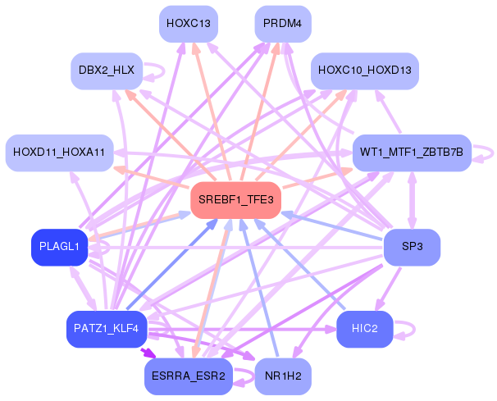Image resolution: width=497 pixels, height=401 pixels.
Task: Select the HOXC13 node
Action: point(188,24)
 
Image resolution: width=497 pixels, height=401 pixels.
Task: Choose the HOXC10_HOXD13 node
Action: point(365,71)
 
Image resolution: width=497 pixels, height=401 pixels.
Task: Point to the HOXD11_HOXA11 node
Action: point(59,153)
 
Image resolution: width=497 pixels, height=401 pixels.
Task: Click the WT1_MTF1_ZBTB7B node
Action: point(410,153)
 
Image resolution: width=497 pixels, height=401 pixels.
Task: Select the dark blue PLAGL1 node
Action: point(59,247)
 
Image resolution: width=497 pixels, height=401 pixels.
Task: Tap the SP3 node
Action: point(412,247)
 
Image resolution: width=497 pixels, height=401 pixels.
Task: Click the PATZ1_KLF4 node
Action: point(107,329)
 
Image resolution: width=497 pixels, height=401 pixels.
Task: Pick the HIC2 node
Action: point(364,329)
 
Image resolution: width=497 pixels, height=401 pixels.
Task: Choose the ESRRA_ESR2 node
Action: point(188,376)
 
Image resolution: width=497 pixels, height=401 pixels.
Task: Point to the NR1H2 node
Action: point(283,376)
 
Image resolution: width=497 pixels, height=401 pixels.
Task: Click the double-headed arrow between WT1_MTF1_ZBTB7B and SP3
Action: point(412,200)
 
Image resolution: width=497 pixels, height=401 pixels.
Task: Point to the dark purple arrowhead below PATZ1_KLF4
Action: point(148,353)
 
